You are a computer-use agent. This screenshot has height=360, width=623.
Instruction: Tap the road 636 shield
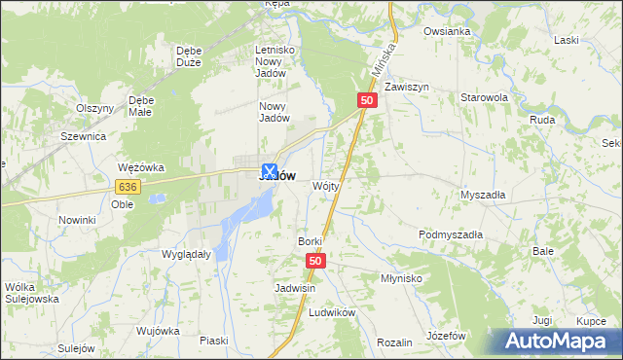pyautogui.click(x=127, y=186)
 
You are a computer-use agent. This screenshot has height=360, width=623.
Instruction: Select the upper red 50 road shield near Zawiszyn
pyautogui.click(x=367, y=100)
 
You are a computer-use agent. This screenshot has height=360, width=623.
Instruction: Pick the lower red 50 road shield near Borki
pyautogui.click(x=315, y=261)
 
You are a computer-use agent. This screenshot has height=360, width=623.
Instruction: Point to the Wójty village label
pyautogui.click(x=325, y=185)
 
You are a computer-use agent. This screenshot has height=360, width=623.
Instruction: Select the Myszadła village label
pyautogui.click(x=483, y=194)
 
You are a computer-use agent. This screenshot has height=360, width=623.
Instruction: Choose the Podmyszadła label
pyautogui.click(x=451, y=234)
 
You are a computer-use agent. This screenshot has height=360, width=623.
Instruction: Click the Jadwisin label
pyautogui.click(x=296, y=289)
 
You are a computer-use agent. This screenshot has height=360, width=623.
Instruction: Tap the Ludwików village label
pyautogui.click(x=332, y=313)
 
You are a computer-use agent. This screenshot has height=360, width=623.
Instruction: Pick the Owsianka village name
pyautogui.click(x=447, y=31)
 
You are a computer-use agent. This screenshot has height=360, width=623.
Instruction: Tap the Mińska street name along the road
pyautogui.click(x=385, y=59)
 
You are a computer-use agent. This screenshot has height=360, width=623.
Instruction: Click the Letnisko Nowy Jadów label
pyautogui.click(x=274, y=61)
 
